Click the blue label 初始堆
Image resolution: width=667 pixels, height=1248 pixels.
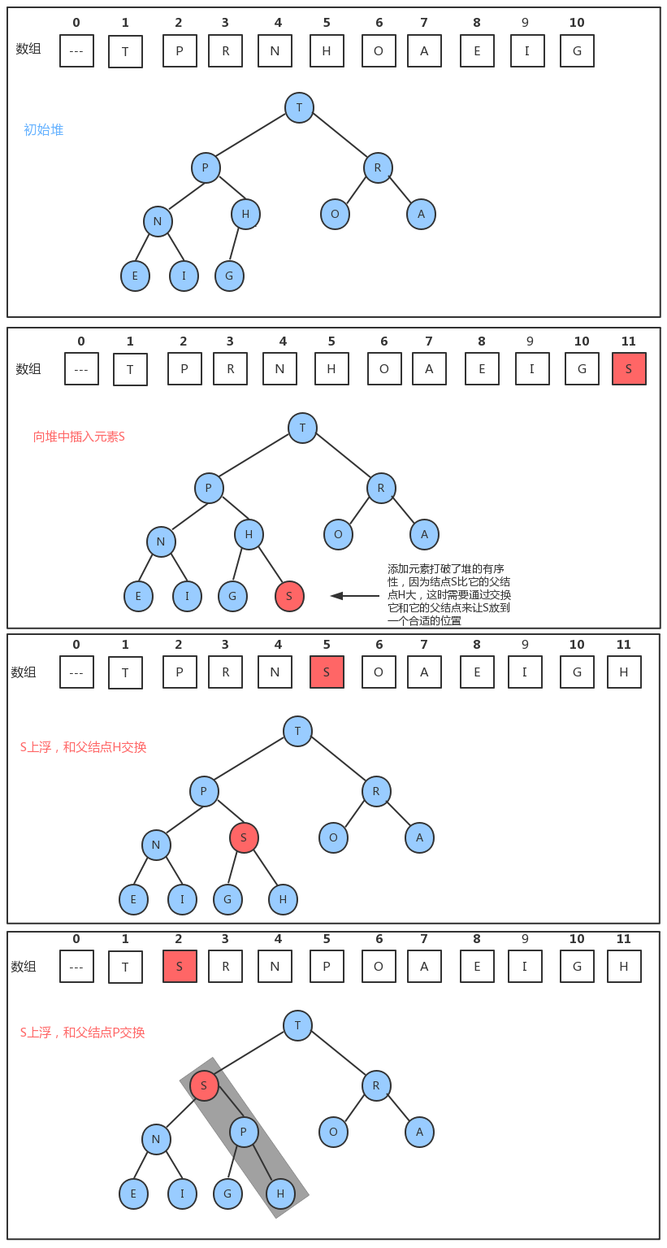(x=43, y=130)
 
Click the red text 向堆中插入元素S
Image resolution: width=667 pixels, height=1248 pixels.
(x=79, y=437)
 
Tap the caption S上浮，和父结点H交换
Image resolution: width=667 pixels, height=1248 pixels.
(x=83, y=747)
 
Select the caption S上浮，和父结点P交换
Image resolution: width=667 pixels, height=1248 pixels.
(x=82, y=1033)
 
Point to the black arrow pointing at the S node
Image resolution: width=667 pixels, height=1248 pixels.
(x=354, y=596)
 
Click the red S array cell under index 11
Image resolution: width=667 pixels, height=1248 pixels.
(x=629, y=369)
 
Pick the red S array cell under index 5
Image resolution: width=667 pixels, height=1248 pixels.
(x=327, y=672)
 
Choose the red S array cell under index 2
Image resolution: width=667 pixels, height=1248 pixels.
(x=180, y=967)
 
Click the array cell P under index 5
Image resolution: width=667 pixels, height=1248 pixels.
(x=327, y=967)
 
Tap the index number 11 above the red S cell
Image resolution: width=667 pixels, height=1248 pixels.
(x=628, y=341)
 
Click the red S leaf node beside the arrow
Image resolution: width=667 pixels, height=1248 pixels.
(x=289, y=596)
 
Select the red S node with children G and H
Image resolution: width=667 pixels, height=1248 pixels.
(x=244, y=837)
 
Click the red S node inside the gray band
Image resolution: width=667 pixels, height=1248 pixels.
(x=204, y=1085)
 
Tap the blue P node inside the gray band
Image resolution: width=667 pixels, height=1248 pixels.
(x=244, y=1132)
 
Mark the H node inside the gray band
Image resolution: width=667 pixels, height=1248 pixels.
(x=280, y=1194)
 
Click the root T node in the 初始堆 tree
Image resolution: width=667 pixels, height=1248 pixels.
(x=299, y=107)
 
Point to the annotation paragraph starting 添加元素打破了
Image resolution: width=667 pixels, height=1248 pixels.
(x=449, y=594)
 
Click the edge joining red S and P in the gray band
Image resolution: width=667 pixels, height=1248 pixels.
(x=224, y=1108)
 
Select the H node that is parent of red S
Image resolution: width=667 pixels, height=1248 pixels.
(x=249, y=534)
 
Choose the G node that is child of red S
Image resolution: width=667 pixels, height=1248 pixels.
(x=227, y=899)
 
